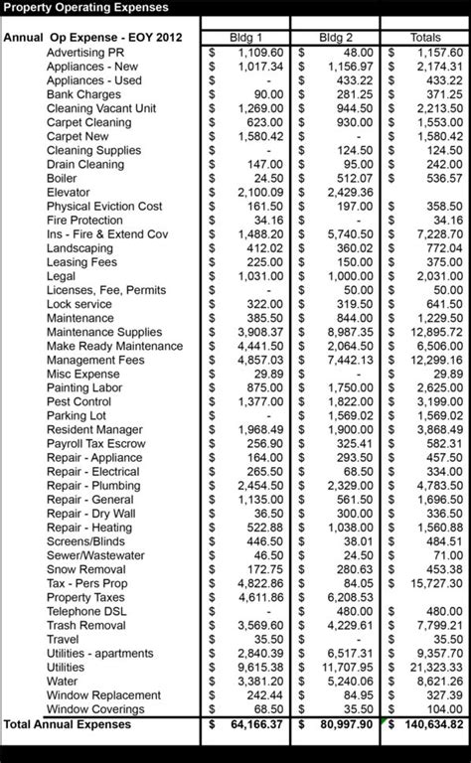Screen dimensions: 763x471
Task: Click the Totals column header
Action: (427, 37)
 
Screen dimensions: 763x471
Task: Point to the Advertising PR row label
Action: (85, 52)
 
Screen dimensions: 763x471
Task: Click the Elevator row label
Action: (68, 192)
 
